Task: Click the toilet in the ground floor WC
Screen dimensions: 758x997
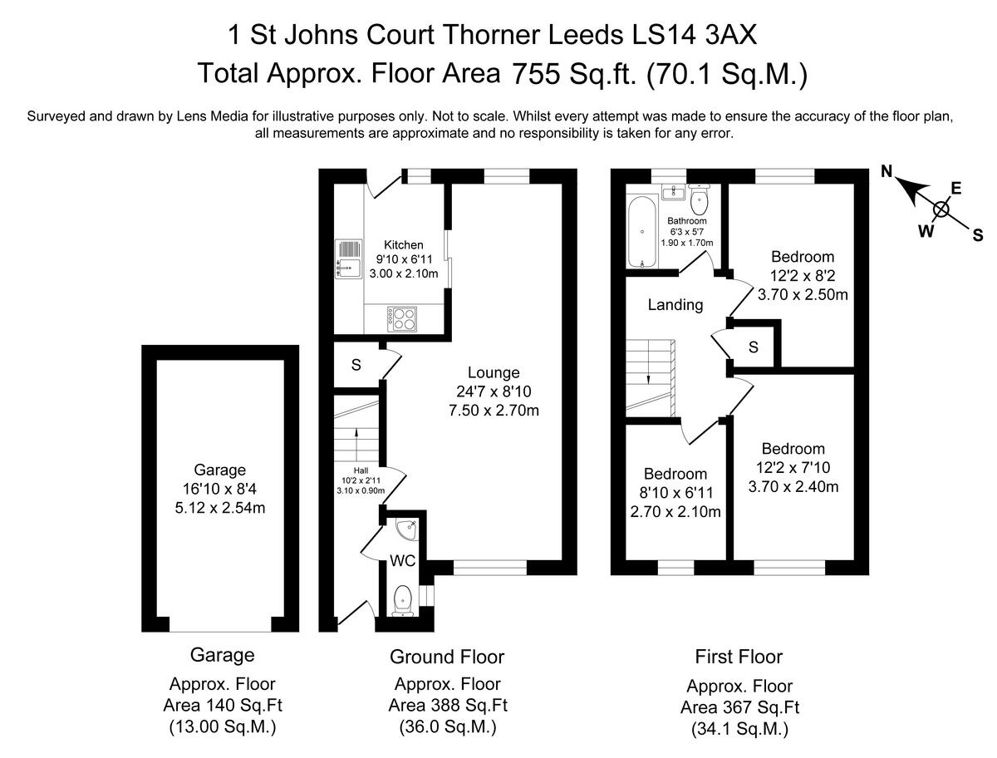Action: pyautogui.click(x=402, y=599)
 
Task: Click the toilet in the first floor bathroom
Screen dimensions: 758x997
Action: pyautogui.click(x=699, y=196)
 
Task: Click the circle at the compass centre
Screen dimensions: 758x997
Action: pyautogui.click(x=941, y=209)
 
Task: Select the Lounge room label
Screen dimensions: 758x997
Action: pyautogui.click(x=493, y=373)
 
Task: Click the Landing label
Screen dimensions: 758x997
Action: pyautogui.click(x=675, y=305)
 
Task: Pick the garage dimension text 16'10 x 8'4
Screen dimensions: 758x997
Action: pyautogui.click(x=220, y=489)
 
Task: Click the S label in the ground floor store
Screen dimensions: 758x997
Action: pyautogui.click(x=356, y=364)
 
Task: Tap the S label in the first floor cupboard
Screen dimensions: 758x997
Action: pyautogui.click(x=753, y=347)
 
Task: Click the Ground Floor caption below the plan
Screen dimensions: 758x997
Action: pyautogui.click(x=447, y=657)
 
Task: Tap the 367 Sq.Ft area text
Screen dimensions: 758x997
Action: pyautogui.click(x=739, y=708)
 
